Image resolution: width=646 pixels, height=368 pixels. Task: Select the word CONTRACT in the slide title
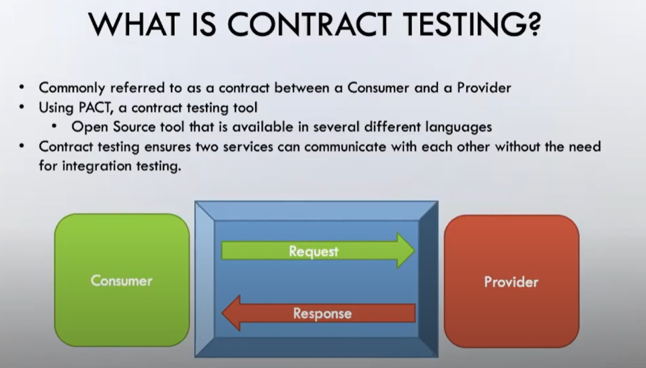312,24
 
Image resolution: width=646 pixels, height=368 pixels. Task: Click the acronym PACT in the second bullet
83,107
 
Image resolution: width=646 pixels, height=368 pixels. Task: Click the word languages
460,127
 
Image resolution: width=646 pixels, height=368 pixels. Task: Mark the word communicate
343,146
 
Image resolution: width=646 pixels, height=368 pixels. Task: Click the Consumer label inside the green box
122,281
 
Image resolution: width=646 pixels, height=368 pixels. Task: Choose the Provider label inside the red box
511,282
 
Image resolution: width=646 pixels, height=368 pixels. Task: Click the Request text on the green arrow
314,251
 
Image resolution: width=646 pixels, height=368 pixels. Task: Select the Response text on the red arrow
322,313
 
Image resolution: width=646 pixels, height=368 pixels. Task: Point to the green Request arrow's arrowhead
405,251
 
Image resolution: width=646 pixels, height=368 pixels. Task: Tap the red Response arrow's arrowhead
231,313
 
